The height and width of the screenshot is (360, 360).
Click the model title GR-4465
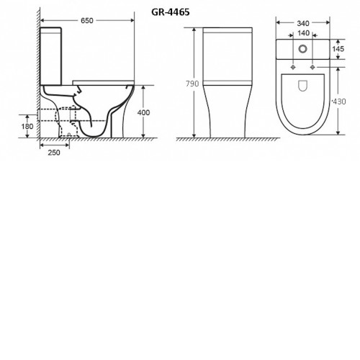click(171, 12)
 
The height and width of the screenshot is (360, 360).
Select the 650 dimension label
click(86, 21)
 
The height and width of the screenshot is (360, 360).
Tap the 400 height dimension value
click(143, 112)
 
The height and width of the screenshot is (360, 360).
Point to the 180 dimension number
click(27, 126)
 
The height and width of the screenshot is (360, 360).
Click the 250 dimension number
click(54, 153)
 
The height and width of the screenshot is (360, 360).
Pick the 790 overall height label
click(192, 84)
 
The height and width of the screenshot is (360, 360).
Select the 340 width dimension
click(303, 23)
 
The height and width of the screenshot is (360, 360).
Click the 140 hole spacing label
click(303, 33)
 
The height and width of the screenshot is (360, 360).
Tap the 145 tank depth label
click(338, 49)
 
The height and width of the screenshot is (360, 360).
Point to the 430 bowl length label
click(339, 102)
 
